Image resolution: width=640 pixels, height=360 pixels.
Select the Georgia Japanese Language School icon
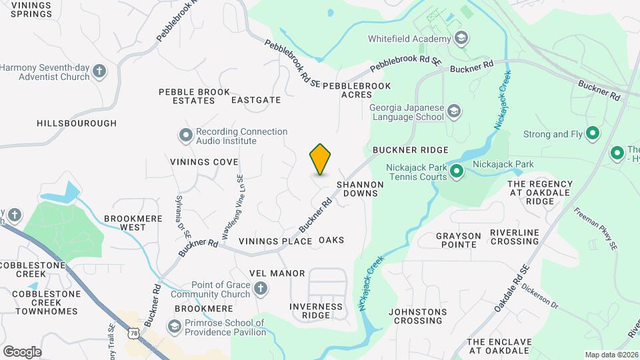coord(454,111)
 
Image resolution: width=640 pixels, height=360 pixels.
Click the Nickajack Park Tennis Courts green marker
coord(457,172)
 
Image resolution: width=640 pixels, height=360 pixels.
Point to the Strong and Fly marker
coord(591,134)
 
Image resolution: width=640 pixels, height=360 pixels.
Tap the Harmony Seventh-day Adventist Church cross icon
coord(99,71)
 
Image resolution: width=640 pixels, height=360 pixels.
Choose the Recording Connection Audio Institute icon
coord(185,136)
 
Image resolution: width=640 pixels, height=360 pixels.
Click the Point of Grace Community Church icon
coord(261,289)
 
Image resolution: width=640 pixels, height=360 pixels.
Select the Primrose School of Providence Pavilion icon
coord(174,327)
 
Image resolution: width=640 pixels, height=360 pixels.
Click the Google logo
coord(22,351)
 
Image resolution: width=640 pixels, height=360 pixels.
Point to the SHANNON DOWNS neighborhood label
coord(360,189)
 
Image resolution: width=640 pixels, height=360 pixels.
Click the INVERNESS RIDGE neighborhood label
coord(316,311)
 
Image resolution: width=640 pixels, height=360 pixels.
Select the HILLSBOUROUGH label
coord(77,123)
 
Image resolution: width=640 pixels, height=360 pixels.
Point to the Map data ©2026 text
coord(611,355)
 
